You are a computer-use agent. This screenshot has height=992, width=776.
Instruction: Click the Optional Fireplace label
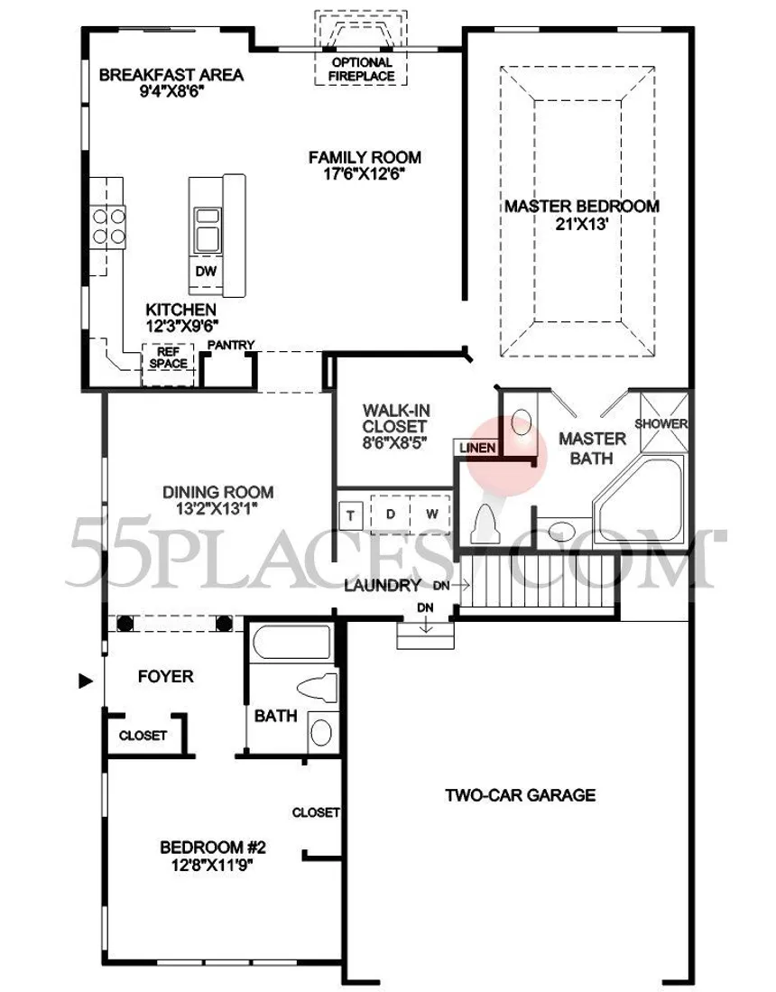[362, 69]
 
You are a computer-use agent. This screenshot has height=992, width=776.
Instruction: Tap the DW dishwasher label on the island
[206, 272]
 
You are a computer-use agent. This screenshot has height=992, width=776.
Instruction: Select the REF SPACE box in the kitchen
[168, 365]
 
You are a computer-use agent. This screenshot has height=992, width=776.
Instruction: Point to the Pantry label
[231, 345]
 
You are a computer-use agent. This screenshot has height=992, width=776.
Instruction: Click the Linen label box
[477, 448]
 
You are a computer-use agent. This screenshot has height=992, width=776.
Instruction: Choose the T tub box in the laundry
[350, 516]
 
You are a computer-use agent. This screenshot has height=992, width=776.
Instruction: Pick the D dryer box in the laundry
[390, 514]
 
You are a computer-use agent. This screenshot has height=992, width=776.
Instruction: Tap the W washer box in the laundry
[431, 514]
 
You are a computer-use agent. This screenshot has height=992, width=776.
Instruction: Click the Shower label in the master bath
[661, 423]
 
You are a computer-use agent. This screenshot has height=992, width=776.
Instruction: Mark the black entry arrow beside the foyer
[86, 681]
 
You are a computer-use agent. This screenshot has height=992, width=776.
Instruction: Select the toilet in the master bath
[487, 524]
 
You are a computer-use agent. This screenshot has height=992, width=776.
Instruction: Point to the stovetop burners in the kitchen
[109, 227]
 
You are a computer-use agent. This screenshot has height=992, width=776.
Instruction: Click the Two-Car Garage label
[521, 794]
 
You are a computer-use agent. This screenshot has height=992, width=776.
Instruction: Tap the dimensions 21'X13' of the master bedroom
[582, 224]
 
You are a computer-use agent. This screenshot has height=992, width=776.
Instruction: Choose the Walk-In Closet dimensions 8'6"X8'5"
[394, 442]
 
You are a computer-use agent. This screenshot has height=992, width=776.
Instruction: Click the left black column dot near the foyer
[125, 624]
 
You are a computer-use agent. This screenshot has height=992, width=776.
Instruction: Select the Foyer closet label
[143, 736]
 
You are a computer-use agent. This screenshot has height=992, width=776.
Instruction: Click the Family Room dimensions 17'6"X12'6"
[365, 174]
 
